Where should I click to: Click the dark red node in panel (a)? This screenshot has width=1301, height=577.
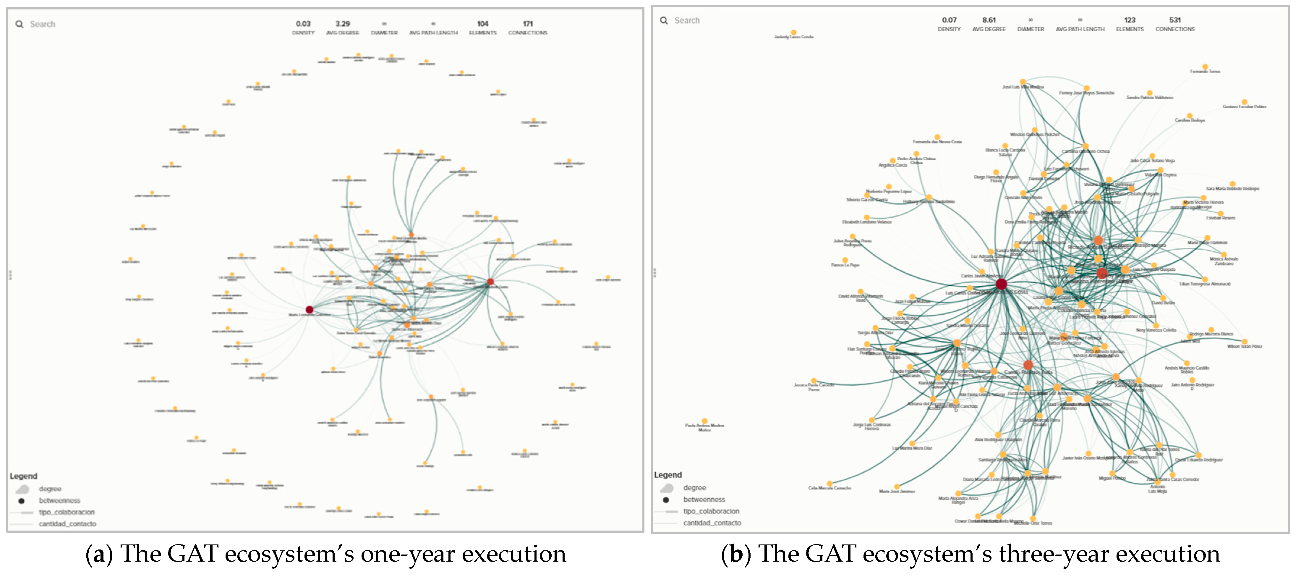click(x=309, y=309)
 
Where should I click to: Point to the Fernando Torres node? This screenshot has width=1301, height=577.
click(x=1205, y=67)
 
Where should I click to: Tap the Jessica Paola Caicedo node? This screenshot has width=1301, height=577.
click(x=814, y=380)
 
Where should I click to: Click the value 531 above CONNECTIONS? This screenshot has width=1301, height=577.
click(x=1175, y=20)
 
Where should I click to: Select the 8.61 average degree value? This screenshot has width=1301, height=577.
click(x=989, y=20)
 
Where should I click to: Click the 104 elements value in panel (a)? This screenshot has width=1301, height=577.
click(x=482, y=24)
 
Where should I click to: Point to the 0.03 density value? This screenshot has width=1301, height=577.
click(x=303, y=24)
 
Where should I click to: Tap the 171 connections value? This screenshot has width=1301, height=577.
click(x=527, y=24)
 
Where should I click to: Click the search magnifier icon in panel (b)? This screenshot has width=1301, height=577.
click(x=664, y=20)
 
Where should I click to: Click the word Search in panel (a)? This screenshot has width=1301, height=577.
click(x=43, y=24)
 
